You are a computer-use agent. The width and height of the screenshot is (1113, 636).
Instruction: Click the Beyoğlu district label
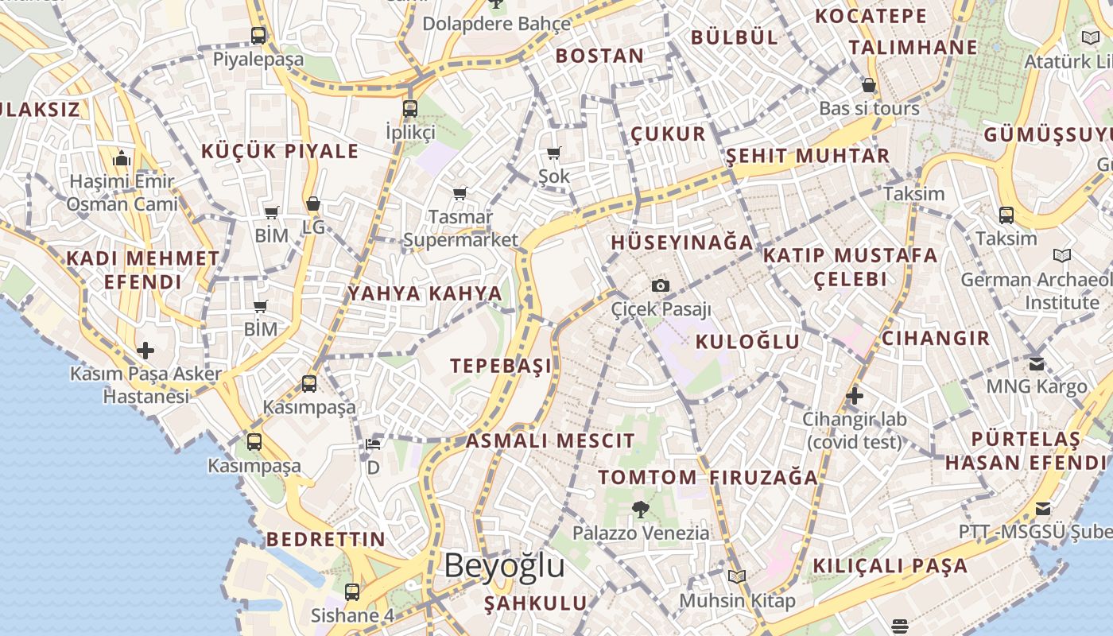[504, 565]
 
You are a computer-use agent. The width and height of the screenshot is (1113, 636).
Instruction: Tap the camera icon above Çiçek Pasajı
[660, 286]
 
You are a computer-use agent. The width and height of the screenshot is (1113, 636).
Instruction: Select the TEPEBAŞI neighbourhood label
[501, 366]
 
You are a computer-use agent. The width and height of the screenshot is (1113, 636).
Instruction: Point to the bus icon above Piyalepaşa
[258, 36]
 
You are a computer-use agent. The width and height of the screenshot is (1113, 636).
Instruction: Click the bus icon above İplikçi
[410, 109]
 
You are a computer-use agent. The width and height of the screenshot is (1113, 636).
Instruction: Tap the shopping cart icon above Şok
[553, 153]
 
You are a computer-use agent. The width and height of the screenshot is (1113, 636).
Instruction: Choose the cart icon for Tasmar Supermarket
[460, 193]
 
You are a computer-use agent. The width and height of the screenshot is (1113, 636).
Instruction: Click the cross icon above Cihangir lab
[855, 395]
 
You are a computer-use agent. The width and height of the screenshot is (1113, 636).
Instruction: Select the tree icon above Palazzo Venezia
[641, 509]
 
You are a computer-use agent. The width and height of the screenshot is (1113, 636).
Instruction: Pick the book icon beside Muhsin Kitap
[737, 576]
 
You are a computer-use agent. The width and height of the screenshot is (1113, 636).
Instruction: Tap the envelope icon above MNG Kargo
[1037, 363]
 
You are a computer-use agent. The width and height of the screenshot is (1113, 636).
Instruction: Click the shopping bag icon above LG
[313, 204]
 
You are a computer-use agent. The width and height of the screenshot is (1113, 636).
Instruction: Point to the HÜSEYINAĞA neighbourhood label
[681, 242]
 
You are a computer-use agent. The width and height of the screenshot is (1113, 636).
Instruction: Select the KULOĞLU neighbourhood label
[747, 342]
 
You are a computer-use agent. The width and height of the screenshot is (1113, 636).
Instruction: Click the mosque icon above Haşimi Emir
[122, 158]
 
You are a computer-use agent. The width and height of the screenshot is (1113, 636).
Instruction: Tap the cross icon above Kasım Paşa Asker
[145, 351]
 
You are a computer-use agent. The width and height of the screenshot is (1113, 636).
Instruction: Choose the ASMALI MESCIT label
[550, 440]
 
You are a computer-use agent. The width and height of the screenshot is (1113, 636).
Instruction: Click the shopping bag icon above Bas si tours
[869, 85]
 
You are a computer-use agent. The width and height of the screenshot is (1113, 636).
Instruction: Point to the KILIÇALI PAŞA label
[890, 566]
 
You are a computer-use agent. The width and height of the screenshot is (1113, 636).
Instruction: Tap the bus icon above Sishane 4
[352, 592]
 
